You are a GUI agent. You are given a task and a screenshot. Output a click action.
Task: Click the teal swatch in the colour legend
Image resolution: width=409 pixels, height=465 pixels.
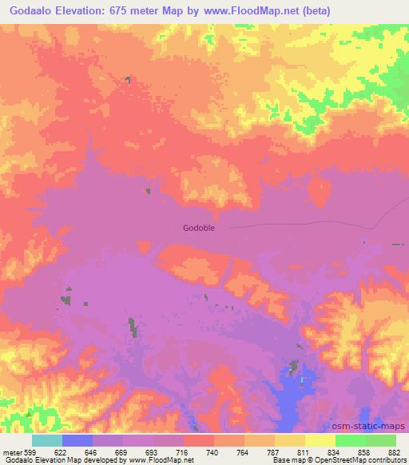click(47, 440)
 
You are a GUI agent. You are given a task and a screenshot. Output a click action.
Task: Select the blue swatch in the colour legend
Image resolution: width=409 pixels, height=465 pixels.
click(77, 440)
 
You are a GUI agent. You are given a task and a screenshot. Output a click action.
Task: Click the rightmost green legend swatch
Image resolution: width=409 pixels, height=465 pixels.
click(380, 440)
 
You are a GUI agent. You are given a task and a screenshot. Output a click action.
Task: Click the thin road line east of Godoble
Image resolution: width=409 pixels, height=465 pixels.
click(304, 223)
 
